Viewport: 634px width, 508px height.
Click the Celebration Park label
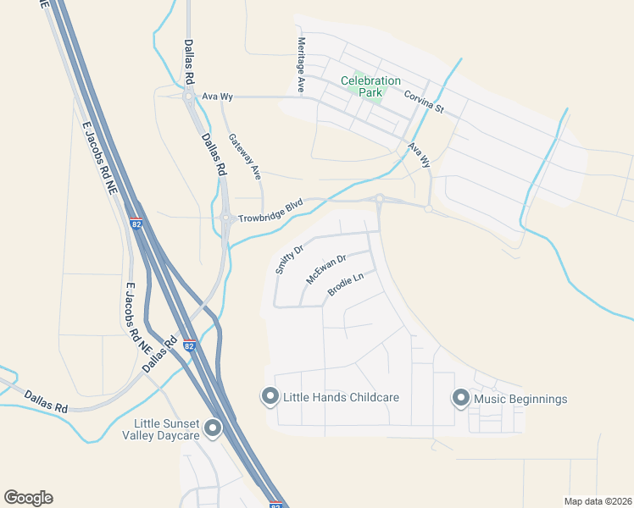[x=370, y=86]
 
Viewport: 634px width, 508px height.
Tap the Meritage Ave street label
[x=300, y=65]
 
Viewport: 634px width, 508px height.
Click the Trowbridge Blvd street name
[x=270, y=211]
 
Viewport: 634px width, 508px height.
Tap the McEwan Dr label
[x=327, y=270]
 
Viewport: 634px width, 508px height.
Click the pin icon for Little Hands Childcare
[x=270, y=396]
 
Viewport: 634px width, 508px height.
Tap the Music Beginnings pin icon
[x=461, y=398]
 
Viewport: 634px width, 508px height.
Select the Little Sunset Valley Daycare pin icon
[x=213, y=428]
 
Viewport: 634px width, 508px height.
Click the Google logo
[x=28, y=498]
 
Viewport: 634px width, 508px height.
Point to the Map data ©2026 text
[x=597, y=501]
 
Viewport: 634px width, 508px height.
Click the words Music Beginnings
[x=520, y=399]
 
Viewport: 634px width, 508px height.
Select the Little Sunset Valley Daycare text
[x=167, y=429]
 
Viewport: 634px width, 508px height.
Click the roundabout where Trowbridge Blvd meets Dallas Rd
[x=227, y=218]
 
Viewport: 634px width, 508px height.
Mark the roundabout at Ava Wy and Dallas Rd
[x=188, y=97]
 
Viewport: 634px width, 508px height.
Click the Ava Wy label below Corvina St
[x=419, y=154]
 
